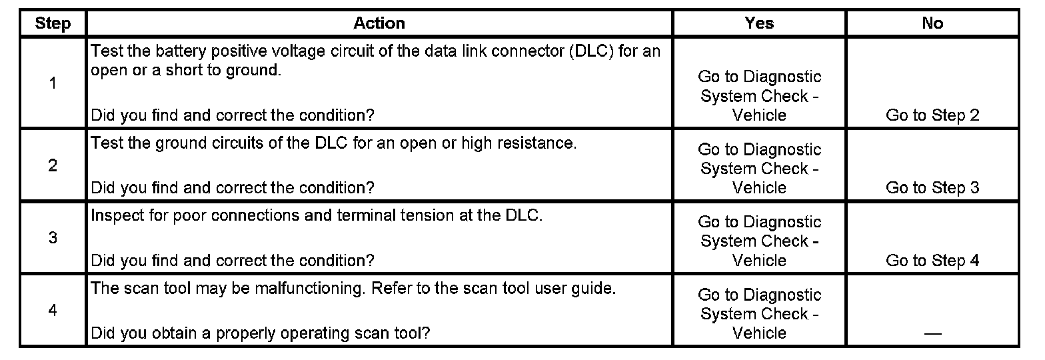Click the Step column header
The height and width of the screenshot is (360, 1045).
coord(53,23)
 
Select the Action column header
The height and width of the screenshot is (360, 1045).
coord(379,23)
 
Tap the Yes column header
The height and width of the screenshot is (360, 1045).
coord(759,23)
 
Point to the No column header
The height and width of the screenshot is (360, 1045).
coord(932,23)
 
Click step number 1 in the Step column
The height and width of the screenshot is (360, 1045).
coord(53,83)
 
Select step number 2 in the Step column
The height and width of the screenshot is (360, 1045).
coord(53,165)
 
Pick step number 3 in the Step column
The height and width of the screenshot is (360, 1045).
coord(53,238)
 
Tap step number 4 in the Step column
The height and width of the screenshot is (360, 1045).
coord(53,311)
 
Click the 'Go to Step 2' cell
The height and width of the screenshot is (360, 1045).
coord(932,115)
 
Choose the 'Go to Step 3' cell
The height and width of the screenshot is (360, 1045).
coord(932,188)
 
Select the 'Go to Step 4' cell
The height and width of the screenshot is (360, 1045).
coord(932,261)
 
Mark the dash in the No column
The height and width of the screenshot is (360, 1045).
coord(932,334)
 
